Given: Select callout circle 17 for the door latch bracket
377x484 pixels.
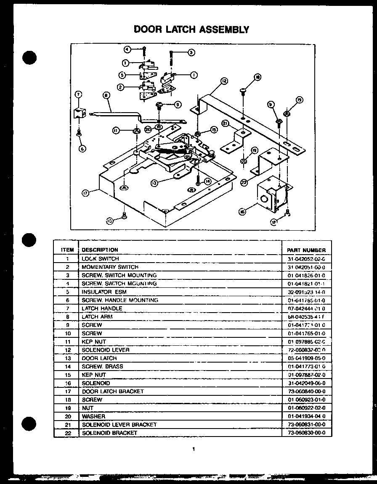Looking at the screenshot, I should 85,193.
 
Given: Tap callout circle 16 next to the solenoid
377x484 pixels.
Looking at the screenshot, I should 242,212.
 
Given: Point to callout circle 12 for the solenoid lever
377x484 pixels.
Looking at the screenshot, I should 223,80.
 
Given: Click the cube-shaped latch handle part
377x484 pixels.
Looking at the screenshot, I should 79,113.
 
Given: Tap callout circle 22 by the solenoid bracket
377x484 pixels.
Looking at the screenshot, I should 244,183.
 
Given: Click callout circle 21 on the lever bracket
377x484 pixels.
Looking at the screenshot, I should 225,124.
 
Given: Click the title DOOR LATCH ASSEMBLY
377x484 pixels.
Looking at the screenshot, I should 191,29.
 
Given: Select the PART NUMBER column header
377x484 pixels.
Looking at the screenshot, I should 306,250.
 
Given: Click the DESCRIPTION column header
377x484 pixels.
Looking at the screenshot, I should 100,250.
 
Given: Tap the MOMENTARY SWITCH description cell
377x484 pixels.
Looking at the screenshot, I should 110,267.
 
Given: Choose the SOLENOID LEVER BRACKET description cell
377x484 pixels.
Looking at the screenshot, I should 119,424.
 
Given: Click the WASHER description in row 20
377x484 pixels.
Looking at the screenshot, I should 93,416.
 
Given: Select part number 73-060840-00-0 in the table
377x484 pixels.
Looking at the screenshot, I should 306,391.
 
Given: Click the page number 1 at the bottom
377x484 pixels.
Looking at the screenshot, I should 193,450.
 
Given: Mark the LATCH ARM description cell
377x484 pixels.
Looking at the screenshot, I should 97,316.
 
